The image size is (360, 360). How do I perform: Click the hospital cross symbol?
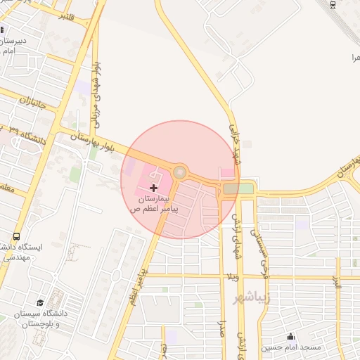click(154, 188)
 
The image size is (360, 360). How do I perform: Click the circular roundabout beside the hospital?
click(180, 172)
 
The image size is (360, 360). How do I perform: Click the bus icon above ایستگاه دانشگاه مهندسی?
click(16, 237)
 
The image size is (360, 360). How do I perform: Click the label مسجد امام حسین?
click(291, 347)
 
